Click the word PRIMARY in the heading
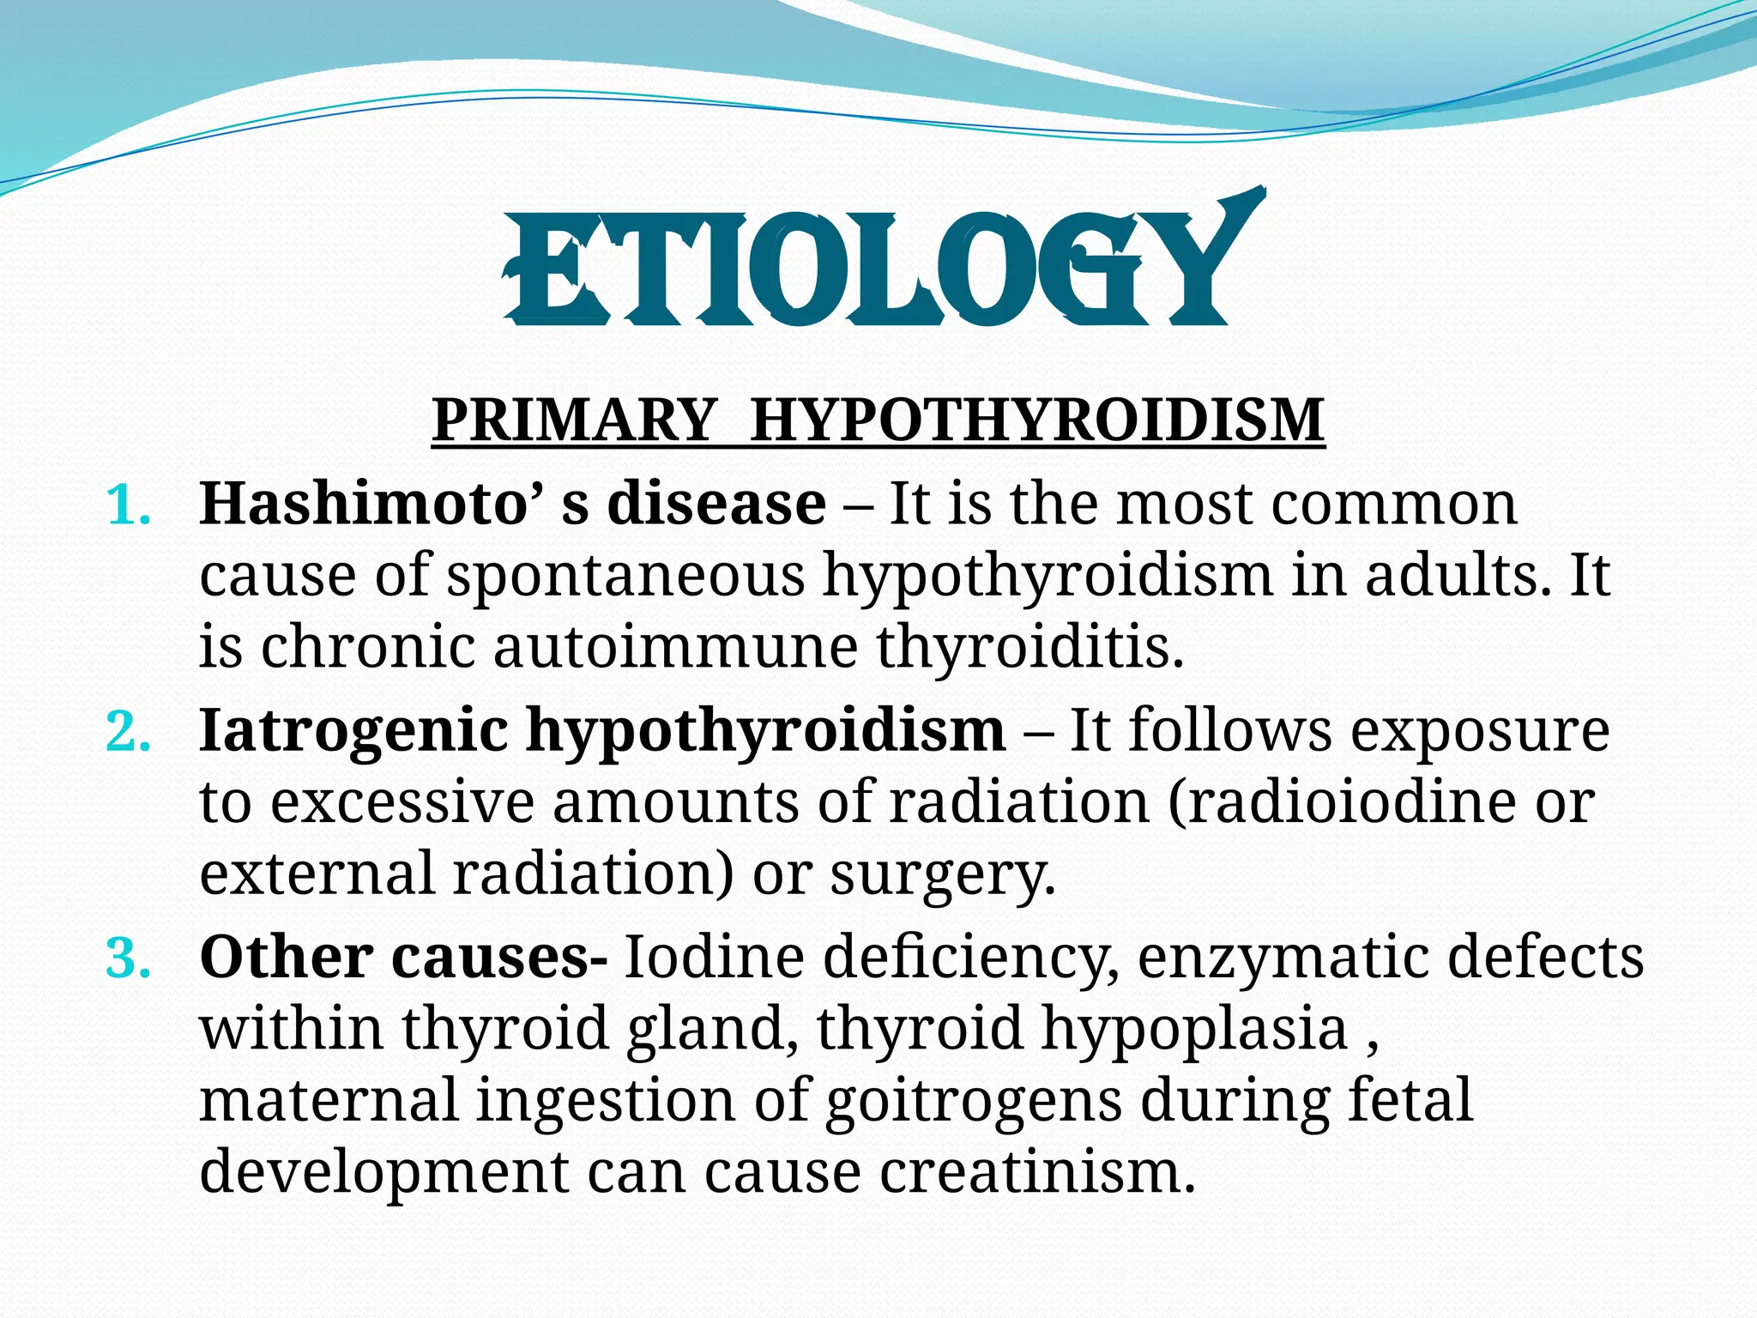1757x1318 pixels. pos(573,420)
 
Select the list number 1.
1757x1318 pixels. pos(129,506)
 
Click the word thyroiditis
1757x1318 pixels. pos(1029,648)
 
